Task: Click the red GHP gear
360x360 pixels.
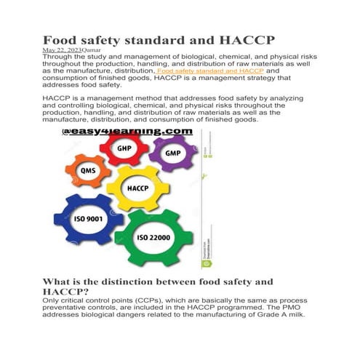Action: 124,148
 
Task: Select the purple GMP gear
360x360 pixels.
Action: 173,154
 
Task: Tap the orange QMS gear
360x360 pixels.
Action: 89,172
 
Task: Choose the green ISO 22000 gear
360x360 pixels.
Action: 159,235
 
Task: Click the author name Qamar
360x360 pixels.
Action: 92,49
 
